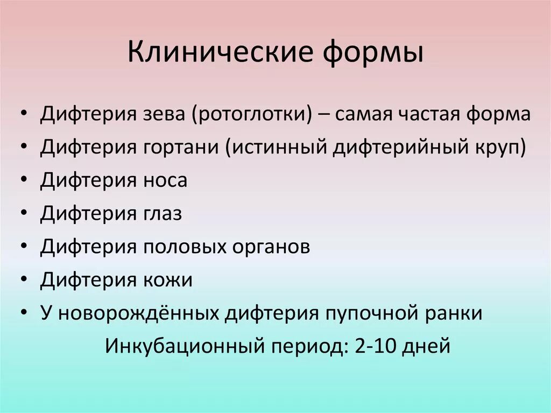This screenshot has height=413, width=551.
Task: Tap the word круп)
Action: tap(500, 147)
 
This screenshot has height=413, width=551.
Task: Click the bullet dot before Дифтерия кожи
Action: tap(26, 281)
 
